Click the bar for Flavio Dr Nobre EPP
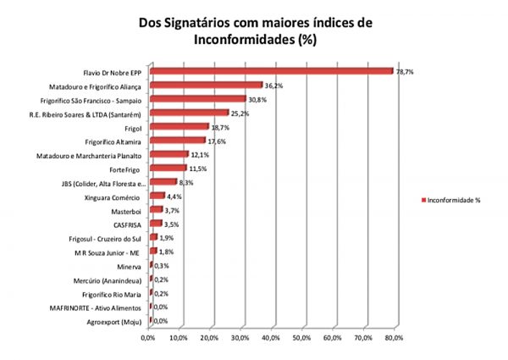[271, 72]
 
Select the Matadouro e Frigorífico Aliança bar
[206, 86]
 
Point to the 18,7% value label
[220, 127]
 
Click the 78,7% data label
[405, 71]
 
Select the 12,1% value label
[200, 154]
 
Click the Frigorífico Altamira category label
[115, 141]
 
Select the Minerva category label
[130, 265]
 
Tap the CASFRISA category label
[128, 224]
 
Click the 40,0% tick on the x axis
[271, 337]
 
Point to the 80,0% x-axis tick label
[394, 337]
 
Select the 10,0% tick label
[179, 337]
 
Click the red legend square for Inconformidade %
[423, 200]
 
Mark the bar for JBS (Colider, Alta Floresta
[163, 182]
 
